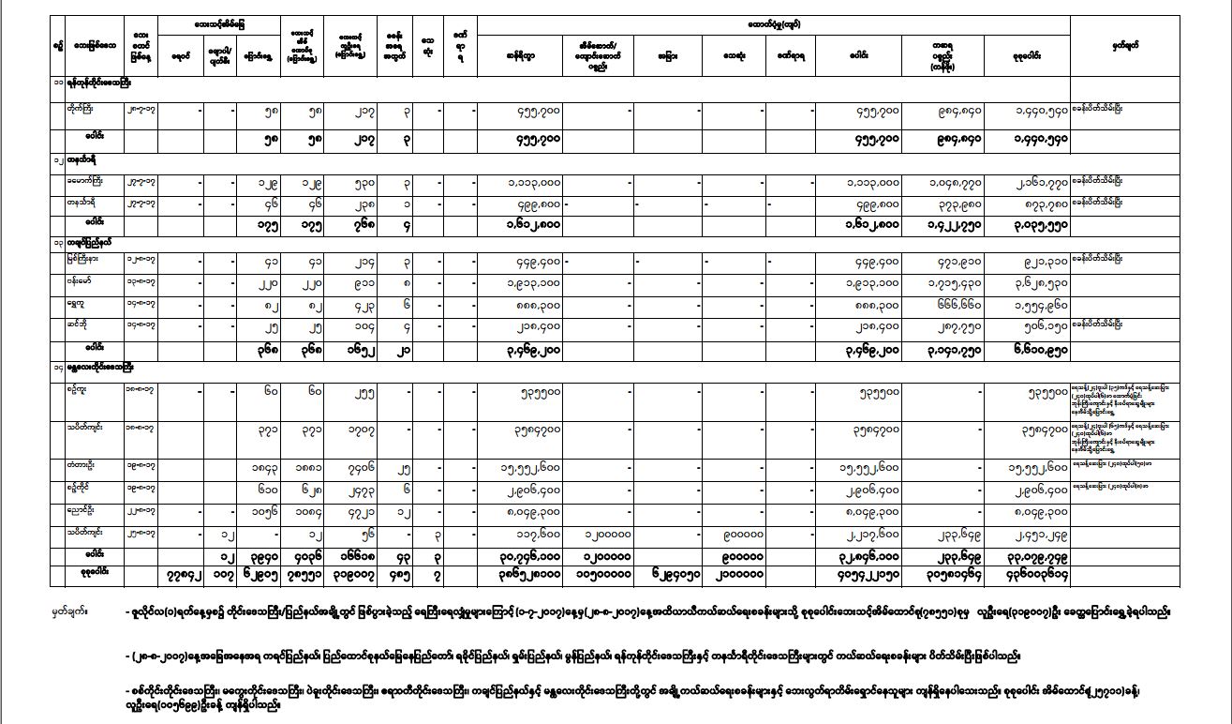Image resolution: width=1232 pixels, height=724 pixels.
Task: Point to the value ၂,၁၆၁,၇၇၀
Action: point(1036,181)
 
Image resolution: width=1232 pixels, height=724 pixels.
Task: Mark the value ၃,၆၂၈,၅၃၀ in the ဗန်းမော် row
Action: point(1036,280)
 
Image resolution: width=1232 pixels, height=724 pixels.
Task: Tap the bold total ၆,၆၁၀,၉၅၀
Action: point(1035,347)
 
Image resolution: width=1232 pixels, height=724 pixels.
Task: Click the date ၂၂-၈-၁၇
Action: point(140,511)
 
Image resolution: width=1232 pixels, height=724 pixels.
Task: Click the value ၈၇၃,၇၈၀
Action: point(1036,202)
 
